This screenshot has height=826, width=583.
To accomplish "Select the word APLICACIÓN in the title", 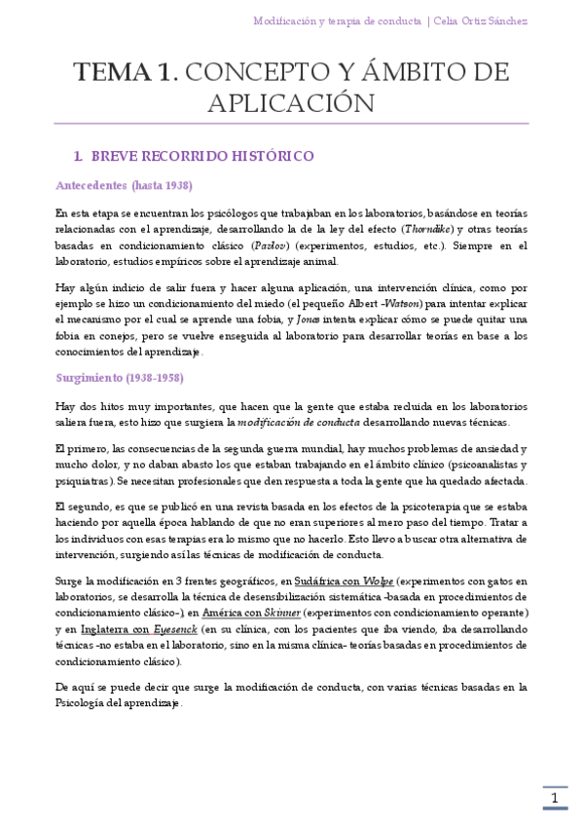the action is (292, 103).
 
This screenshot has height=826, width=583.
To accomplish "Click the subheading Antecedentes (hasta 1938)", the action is (124, 185).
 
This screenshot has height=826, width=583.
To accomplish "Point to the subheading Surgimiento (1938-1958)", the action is (120, 377).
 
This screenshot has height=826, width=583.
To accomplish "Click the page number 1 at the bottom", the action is (555, 799).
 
